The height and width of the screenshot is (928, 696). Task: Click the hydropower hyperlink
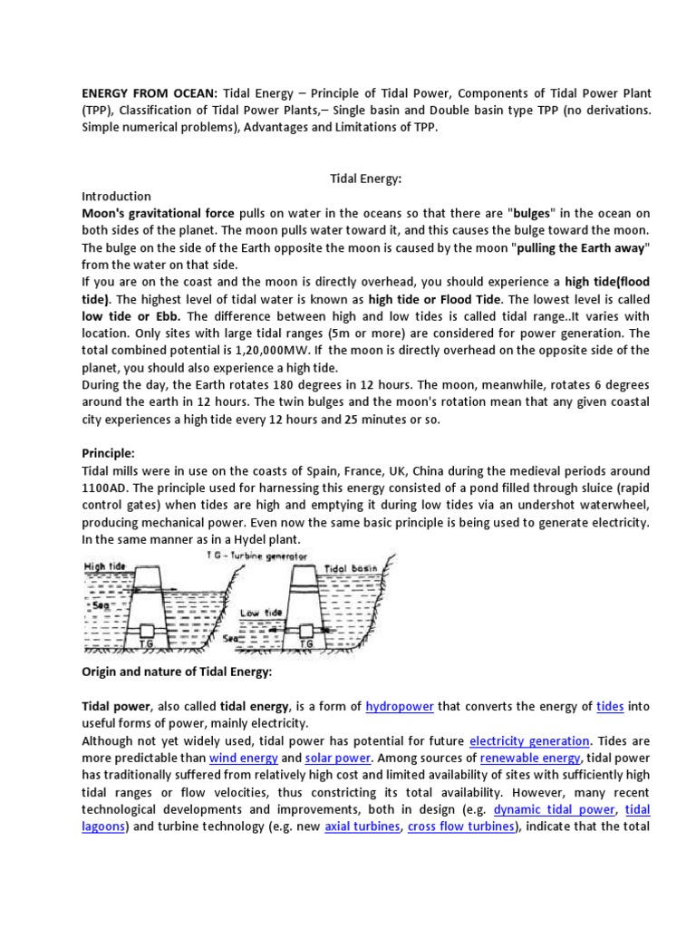coord(400,707)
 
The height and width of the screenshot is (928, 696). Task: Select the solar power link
coord(337,758)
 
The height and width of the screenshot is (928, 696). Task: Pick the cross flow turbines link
coord(460,826)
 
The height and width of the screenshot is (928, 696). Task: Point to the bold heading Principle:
coord(110,454)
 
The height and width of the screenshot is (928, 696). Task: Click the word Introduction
coord(116,197)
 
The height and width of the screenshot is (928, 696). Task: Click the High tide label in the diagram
coord(104,566)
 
